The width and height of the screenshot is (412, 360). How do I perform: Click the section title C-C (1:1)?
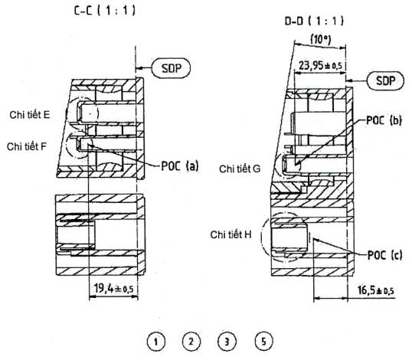(x=105, y=11)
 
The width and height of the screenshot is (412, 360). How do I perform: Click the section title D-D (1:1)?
(x=314, y=21)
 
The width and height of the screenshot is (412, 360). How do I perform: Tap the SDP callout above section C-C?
(x=171, y=68)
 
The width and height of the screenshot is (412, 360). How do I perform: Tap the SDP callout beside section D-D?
(x=385, y=80)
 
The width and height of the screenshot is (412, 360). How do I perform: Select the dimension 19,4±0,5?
(x=114, y=289)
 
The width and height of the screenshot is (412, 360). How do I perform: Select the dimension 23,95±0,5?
(x=321, y=65)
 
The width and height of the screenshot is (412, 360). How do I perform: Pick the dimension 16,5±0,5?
(x=376, y=290)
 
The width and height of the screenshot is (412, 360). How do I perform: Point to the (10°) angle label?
(x=321, y=39)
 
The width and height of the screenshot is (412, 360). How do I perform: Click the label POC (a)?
(x=180, y=165)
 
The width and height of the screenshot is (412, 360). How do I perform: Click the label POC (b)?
(x=384, y=120)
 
